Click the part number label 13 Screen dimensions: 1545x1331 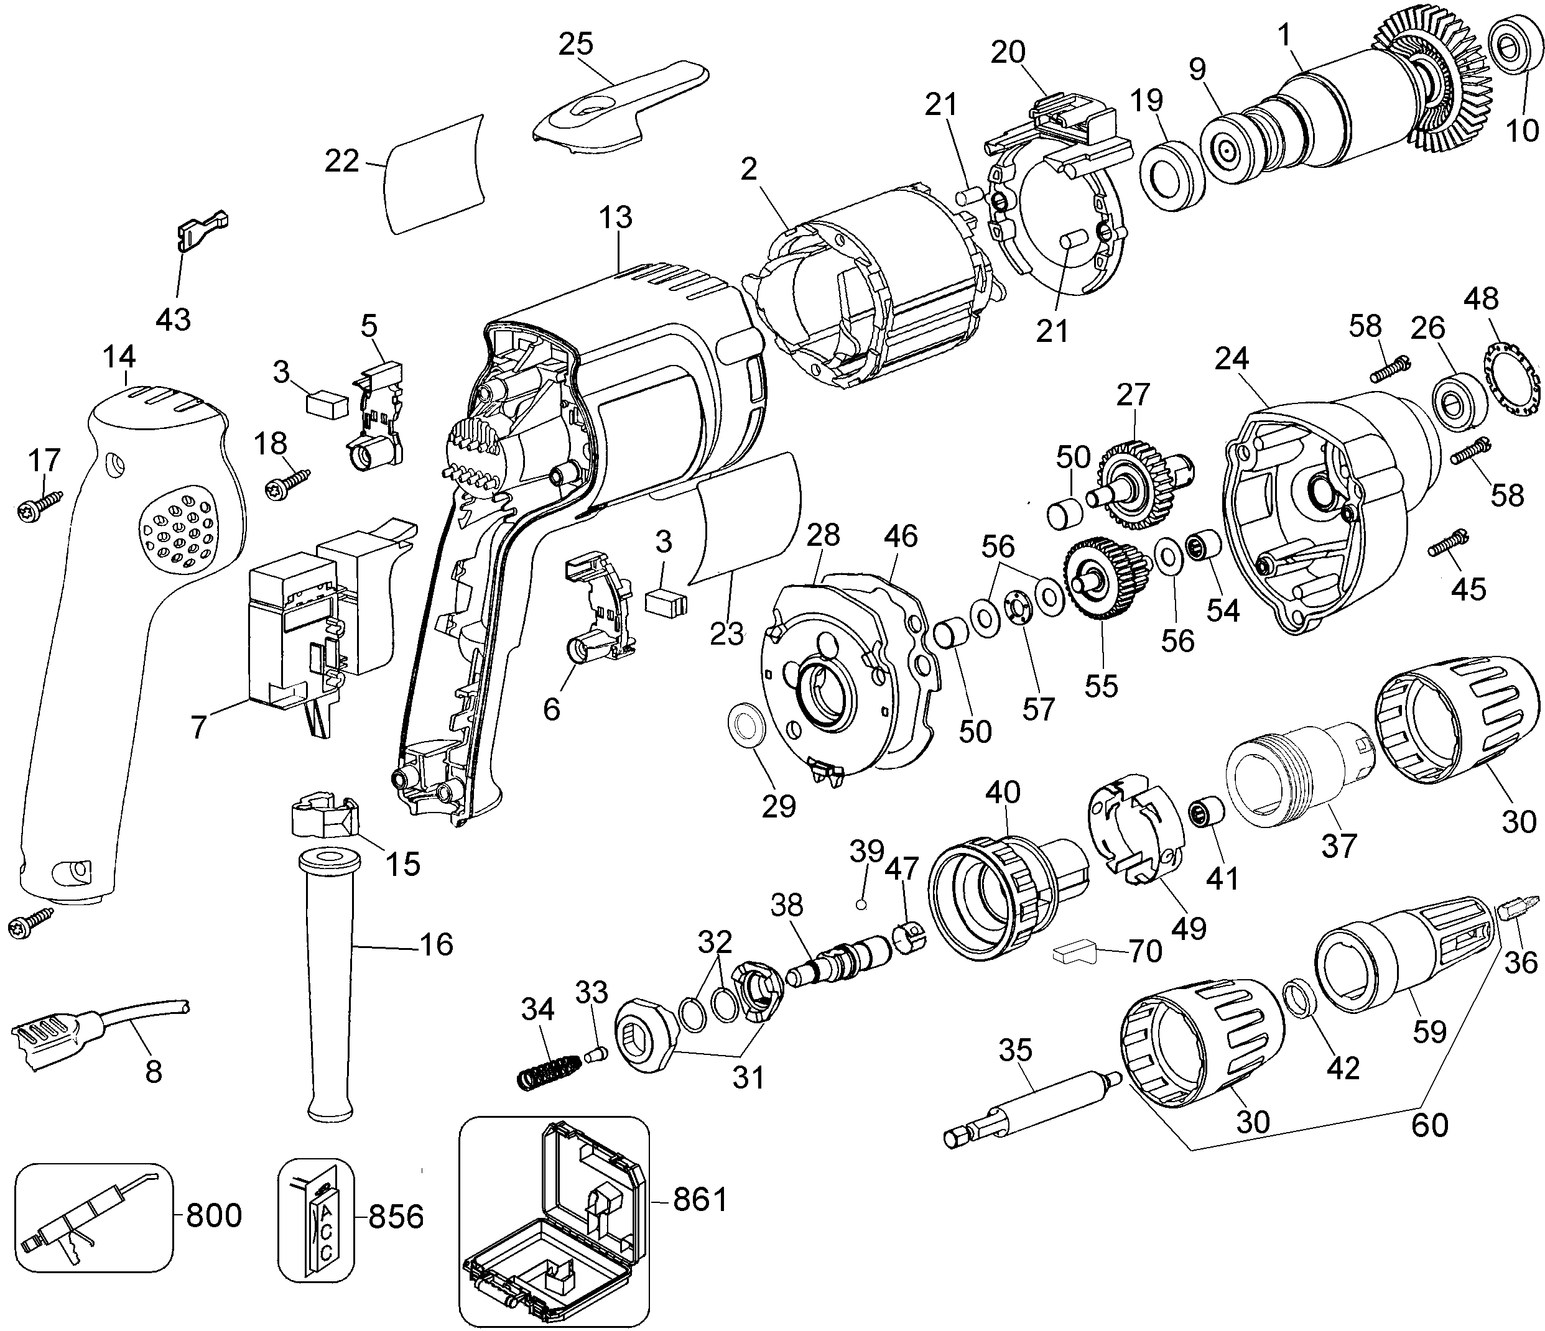coord(615,217)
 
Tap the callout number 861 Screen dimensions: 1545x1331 coord(700,1200)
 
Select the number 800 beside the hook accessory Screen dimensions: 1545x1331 coord(213,1215)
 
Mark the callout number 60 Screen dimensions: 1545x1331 coord(1429,1125)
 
